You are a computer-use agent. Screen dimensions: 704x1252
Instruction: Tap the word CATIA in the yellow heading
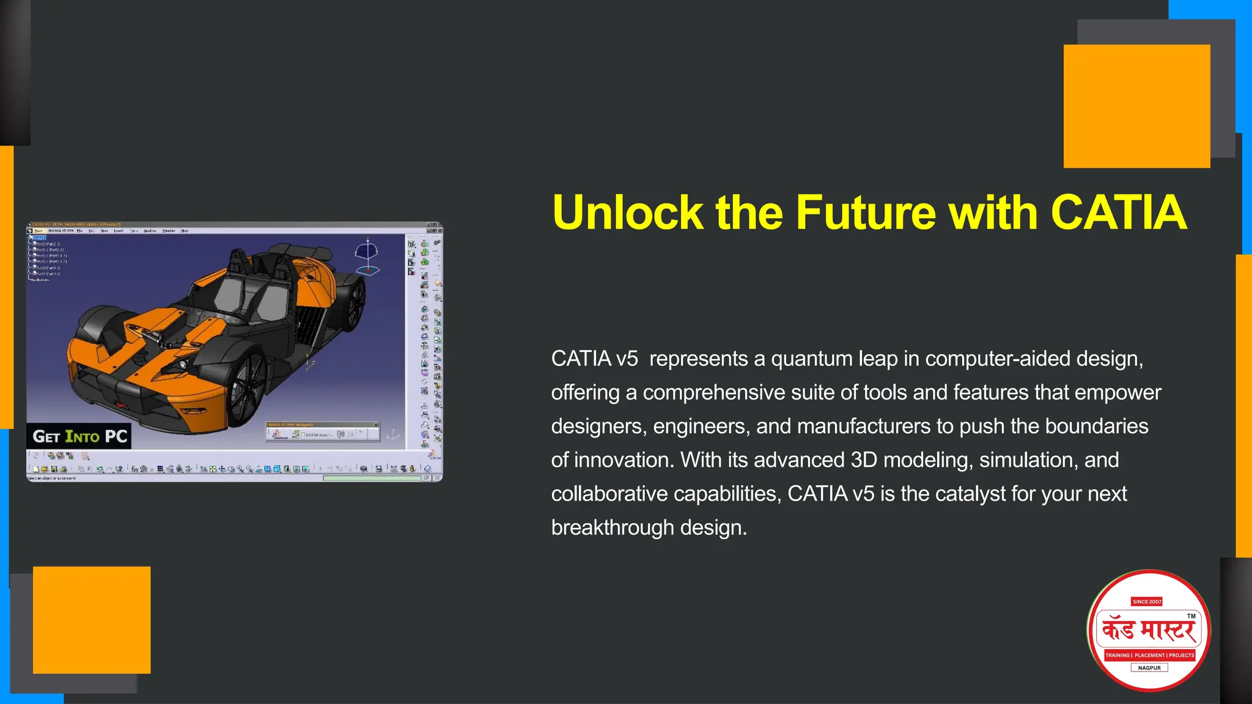pyautogui.click(x=1118, y=213)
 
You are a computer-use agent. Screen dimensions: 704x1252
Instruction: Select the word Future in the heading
pyautogui.click(x=864, y=213)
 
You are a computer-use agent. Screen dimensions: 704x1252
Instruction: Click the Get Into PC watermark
pyautogui.click(x=79, y=436)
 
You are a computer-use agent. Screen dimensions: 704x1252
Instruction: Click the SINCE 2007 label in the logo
pyautogui.click(x=1147, y=601)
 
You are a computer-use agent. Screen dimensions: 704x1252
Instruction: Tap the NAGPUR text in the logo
pyautogui.click(x=1149, y=668)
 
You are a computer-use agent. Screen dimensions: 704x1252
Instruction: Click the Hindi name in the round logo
pyautogui.click(x=1149, y=630)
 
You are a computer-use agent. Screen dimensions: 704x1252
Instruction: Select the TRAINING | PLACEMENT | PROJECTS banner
pyautogui.click(x=1149, y=655)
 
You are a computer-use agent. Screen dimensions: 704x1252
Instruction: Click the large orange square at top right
pyautogui.click(x=1136, y=106)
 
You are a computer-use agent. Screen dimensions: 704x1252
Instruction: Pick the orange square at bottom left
pyautogui.click(x=92, y=620)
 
